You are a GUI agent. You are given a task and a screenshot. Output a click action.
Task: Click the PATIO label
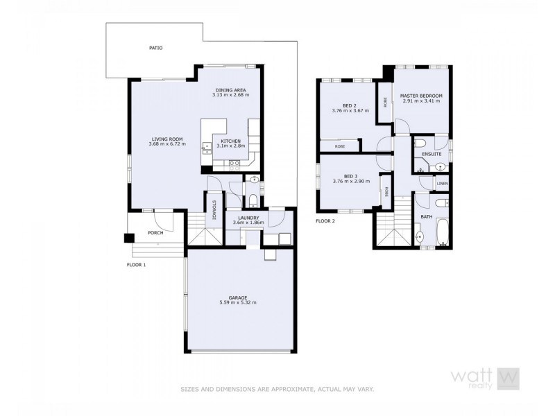[156, 49]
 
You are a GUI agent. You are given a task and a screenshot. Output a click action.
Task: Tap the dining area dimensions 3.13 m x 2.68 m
[230, 95]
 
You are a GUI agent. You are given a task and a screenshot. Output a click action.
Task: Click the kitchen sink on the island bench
[205, 146]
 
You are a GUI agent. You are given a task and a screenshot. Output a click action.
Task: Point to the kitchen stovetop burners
[234, 164]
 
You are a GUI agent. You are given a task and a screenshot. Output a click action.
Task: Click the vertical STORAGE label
[214, 209]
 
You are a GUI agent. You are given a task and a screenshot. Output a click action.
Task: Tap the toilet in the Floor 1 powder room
[253, 201]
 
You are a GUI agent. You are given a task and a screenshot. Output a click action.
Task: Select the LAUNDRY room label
[248, 218]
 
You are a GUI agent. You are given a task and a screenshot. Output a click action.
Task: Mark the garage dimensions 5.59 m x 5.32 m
[237, 302]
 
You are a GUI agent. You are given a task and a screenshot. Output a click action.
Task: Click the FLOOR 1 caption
[137, 265]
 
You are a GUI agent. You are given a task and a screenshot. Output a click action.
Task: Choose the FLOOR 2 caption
[325, 221]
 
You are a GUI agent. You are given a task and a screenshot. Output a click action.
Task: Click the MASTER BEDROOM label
[421, 96]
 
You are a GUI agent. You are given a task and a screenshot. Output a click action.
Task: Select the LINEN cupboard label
[443, 184]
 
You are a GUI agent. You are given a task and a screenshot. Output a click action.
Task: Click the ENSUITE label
[432, 153]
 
